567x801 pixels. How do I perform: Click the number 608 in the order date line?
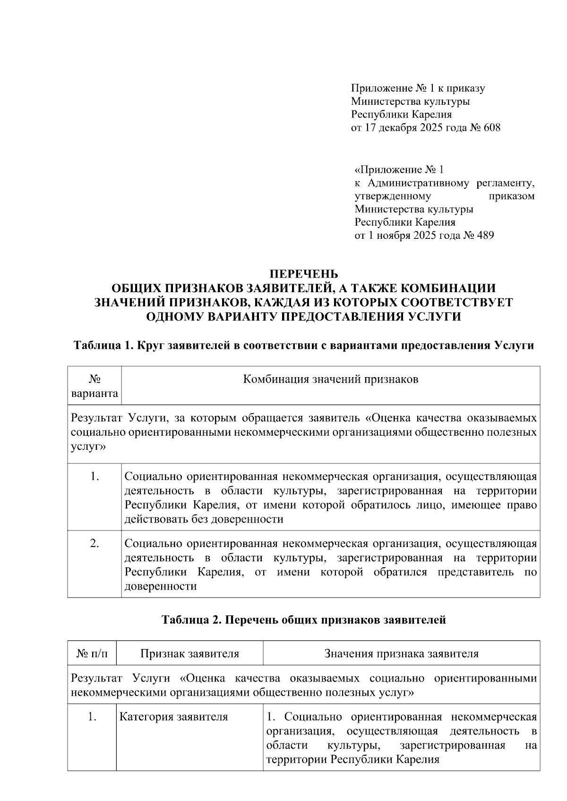[491, 127]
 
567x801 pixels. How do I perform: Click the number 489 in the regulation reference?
[485, 235]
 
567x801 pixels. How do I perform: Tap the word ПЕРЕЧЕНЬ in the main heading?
[303, 274]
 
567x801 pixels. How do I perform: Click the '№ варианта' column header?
[94, 386]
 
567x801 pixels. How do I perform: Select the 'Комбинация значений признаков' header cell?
[330, 379]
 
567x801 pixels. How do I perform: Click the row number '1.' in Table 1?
[94, 477]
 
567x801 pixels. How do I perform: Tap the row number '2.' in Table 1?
[94, 544]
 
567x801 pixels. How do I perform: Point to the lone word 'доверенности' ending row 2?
[160, 586]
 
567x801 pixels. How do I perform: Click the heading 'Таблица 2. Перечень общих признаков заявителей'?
[303, 620]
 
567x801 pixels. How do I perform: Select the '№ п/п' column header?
[92, 654]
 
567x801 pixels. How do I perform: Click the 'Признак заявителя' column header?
[189, 654]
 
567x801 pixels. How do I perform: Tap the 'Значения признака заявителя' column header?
[401, 654]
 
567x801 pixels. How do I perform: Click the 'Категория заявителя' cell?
[173, 717]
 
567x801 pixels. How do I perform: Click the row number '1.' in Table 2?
[92, 717]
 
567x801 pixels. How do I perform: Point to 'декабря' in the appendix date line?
[395, 127]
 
